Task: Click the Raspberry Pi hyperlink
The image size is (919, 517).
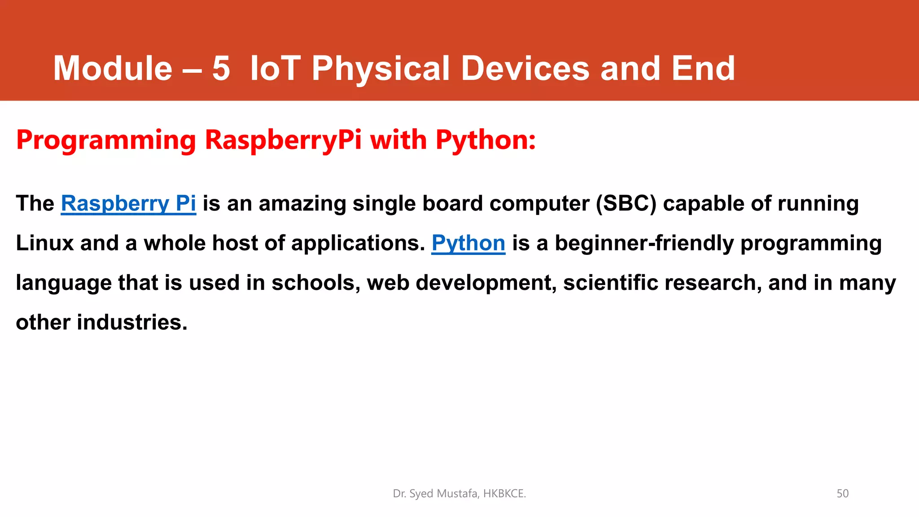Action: coord(128,204)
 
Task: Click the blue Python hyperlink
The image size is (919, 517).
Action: coord(468,243)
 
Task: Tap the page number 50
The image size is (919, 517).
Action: coord(842,494)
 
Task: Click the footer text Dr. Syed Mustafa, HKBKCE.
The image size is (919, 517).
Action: coord(459,494)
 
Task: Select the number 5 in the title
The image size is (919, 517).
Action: coord(221,68)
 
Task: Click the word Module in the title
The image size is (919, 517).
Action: coord(113,68)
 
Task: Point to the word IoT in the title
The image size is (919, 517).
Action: coord(275,68)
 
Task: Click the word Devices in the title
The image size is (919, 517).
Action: coord(525,68)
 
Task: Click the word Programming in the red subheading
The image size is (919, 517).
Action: coord(106,140)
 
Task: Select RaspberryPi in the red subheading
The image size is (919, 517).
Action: coord(283,140)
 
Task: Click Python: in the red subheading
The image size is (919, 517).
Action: coord(486,140)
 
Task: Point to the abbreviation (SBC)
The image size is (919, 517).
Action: coord(626,204)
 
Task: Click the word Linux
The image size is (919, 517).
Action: coord(44,243)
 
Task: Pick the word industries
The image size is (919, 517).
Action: coord(132,322)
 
